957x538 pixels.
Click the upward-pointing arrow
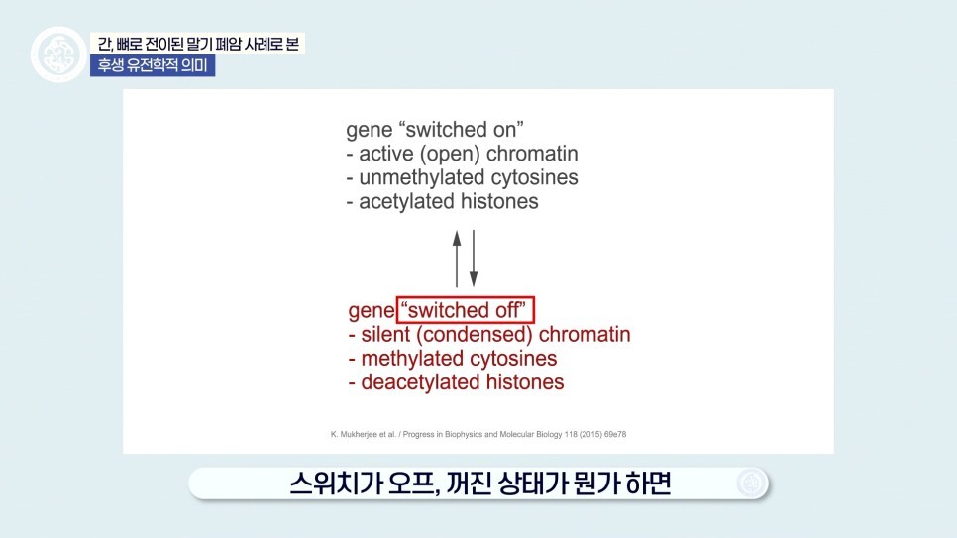(x=457, y=259)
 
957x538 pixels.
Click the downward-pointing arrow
(x=473, y=259)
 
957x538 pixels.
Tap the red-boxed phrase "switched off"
(x=466, y=310)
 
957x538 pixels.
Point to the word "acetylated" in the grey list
(x=407, y=201)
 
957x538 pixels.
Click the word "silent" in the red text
(x=385, y=335)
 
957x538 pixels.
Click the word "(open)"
(x=450, y=154)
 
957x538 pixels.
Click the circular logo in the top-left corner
(x=58, y=54)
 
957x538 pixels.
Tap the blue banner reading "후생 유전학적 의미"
(x=153, y=65)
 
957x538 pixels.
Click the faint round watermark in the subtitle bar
(x=750, y=484)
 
